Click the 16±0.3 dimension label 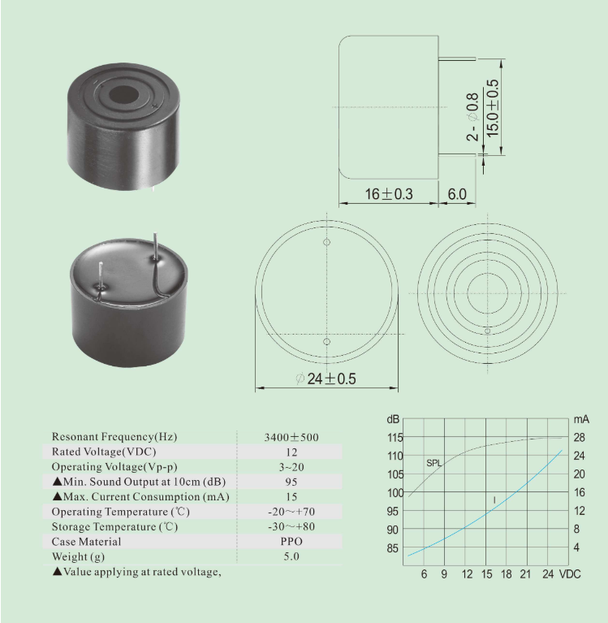tap(389, 194)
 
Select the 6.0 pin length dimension tap(457, 194)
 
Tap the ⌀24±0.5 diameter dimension tap(326, 379)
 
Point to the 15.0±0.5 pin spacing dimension tap(492, 108)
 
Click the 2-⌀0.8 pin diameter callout tap(472, 117)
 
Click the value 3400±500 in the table tap(291, 438)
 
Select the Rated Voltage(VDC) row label tap(104, 452)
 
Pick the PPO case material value tap(291, 542)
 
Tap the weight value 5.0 tap(291, 556)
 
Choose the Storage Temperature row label tap(114, 527)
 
